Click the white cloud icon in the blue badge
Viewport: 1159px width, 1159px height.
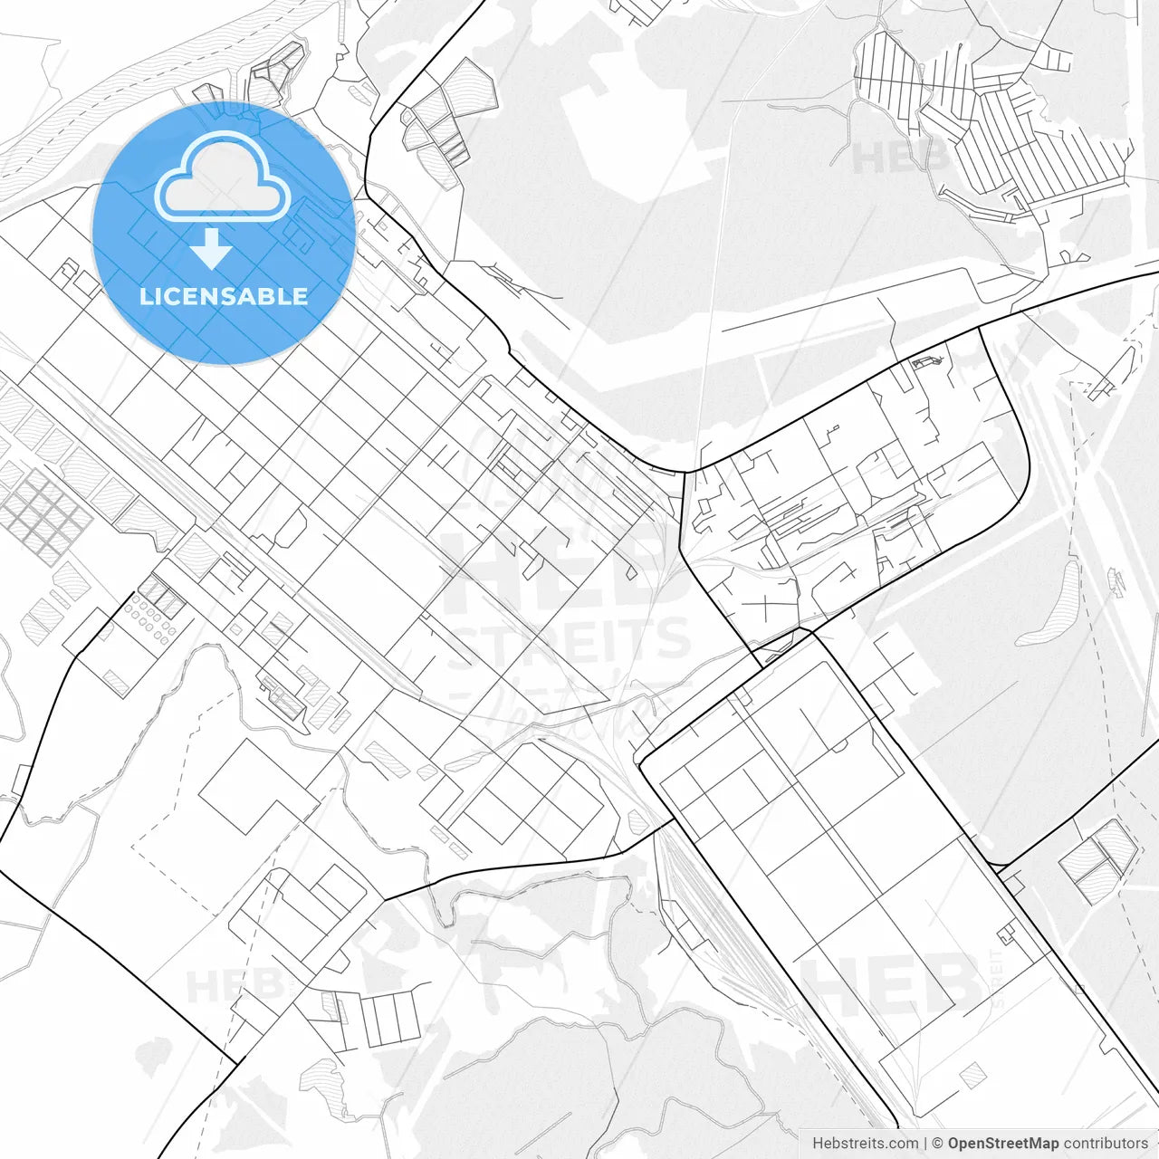pyautogui.click(x=223, y=177)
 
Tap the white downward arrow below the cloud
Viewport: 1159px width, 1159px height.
pyautogui.click(x=211, y=249)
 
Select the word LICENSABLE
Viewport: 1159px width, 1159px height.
pyautogui.click(x=224, y=296)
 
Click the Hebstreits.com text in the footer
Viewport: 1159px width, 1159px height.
pyautogui.click(x=865, y=1144)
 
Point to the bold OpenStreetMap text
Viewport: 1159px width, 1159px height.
pyautogui.click(x=1002, y=1144)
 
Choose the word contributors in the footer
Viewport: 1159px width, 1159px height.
pyautogui.click(x=1105, y=1144)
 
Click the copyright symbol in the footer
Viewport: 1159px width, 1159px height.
pyautogui.click(x=938, y=1144)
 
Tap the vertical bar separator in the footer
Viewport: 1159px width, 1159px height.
pyautogui.click(x=925, y=1144)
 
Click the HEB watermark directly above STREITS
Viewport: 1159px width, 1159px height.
pyautogui.click(x=552, y=570)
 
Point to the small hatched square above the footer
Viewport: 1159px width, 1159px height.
pyautogui.click(x=972, y=1076)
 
